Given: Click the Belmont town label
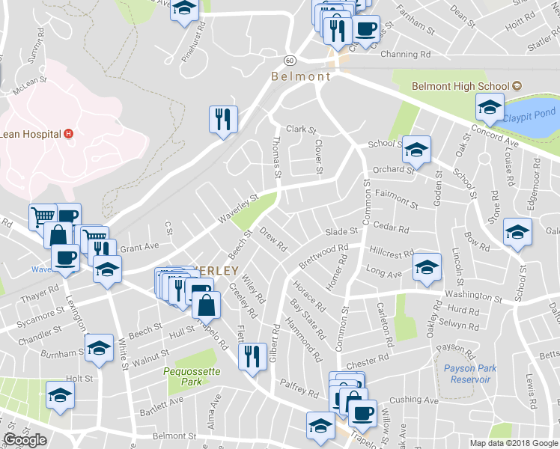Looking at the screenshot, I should pos(301,76).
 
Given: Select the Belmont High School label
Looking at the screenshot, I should pos(460,86).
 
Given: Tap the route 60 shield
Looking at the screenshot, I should pos(290,59).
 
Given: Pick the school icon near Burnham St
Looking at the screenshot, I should pos(99,348).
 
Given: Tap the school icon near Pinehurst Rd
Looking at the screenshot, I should pos(184,10).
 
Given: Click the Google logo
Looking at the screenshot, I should pos(25,440).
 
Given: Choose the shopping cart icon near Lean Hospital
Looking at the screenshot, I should pos(43,216).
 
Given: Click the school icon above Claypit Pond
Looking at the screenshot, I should pos(490,108).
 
